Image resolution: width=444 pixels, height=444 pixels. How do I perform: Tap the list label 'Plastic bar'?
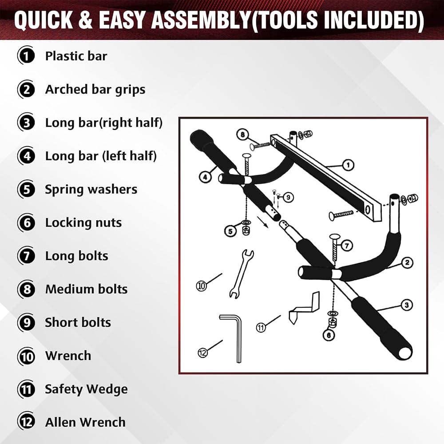pos(76,56)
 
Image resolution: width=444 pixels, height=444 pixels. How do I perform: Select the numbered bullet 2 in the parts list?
pos(26,90)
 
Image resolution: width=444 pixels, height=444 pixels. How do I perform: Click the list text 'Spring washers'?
pos(91,189)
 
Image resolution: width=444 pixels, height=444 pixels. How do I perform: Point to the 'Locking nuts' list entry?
pos(83,222)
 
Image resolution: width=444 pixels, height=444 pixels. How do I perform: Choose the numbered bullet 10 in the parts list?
pos(26,356)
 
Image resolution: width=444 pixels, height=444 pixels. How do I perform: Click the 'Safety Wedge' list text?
pos(87,389)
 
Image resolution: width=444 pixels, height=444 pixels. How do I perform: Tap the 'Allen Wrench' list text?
pos(85,422)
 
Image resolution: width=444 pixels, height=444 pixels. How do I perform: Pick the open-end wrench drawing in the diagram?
pos(241,274)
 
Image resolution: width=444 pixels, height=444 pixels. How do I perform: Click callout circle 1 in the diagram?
pos(348,165)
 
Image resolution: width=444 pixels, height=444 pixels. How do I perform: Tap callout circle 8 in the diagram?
pos(243,135)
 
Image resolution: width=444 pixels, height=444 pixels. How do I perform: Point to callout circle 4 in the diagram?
pos(205,177)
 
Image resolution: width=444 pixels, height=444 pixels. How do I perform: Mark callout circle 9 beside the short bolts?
pos(288,197)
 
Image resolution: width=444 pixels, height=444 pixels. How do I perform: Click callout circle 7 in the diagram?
pos(347,245)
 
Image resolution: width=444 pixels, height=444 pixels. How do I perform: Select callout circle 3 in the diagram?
pos(407,305)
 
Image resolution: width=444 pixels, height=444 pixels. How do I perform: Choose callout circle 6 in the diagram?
pos(329,335)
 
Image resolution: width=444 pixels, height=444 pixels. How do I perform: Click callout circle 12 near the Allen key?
pos(203,353)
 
